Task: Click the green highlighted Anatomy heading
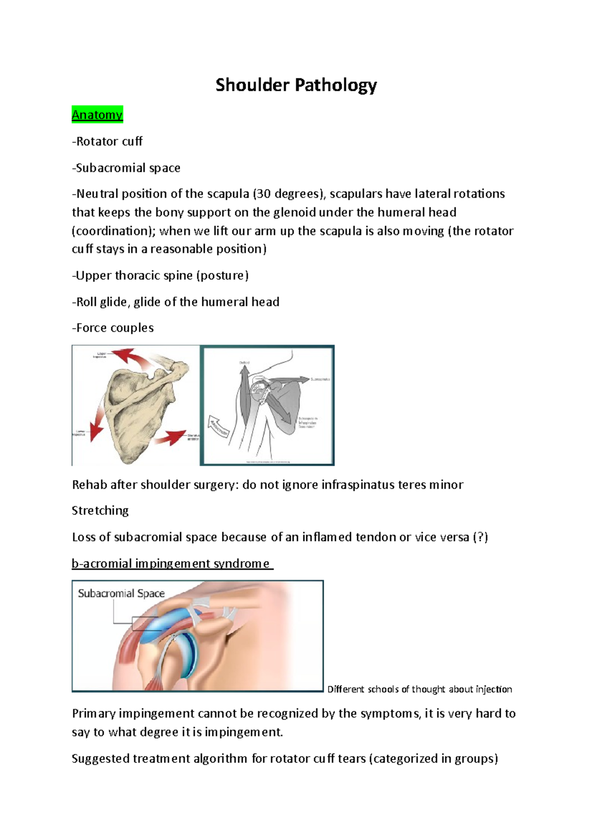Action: pyautogui.click(x=97, y=115)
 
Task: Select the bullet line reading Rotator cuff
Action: pyautogui.click(x=108, y=142)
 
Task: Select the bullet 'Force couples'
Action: pyautogui.click(x=113, y=328)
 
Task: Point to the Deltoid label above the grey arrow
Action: pyautogui.click(x=244, y=363)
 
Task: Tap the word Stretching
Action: pyautogui.click(x=100, y=511)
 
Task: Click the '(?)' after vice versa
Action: pyautogui.click(x=480, y=537)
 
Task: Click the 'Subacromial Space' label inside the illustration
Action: pyautogui.click(x=121, y=594)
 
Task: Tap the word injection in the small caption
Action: pyautogui.click(x=494, y=689)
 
